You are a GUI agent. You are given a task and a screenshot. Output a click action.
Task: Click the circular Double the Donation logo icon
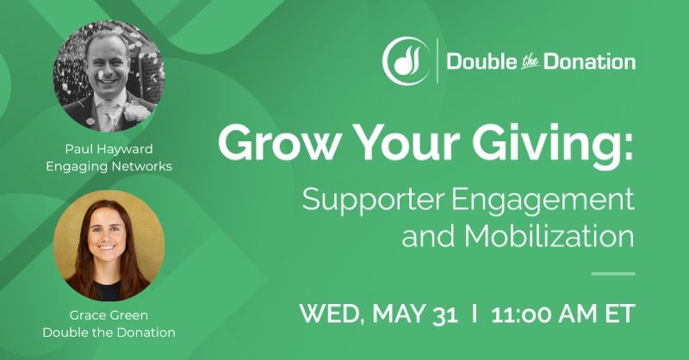[405, 61]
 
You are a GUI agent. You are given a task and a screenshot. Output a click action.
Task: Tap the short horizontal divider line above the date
[614, 274]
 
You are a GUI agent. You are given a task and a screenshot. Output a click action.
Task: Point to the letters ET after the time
[618, 313]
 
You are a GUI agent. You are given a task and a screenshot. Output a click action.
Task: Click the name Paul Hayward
[109, 148]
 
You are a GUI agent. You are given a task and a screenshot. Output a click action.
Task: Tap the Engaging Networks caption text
[109, 165]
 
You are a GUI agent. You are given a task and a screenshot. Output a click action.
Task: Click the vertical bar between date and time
[475, 313]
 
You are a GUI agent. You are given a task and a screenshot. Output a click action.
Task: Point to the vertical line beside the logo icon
[438, 61]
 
